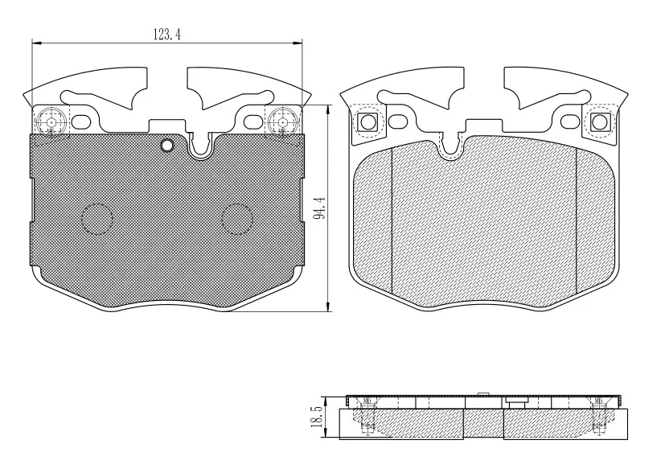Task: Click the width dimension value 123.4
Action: [166, 34]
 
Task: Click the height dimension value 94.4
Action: [320, 207]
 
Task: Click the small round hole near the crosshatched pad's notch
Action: [167, 145]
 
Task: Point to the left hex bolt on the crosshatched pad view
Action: [51, 121]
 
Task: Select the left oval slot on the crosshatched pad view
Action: [81, 122]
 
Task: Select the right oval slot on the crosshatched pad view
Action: [252, 122]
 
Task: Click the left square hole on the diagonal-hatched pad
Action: [367, 122]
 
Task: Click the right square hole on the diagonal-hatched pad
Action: [598, 122]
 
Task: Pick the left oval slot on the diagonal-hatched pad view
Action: [396, 121]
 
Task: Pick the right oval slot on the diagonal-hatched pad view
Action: [569, 121]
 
